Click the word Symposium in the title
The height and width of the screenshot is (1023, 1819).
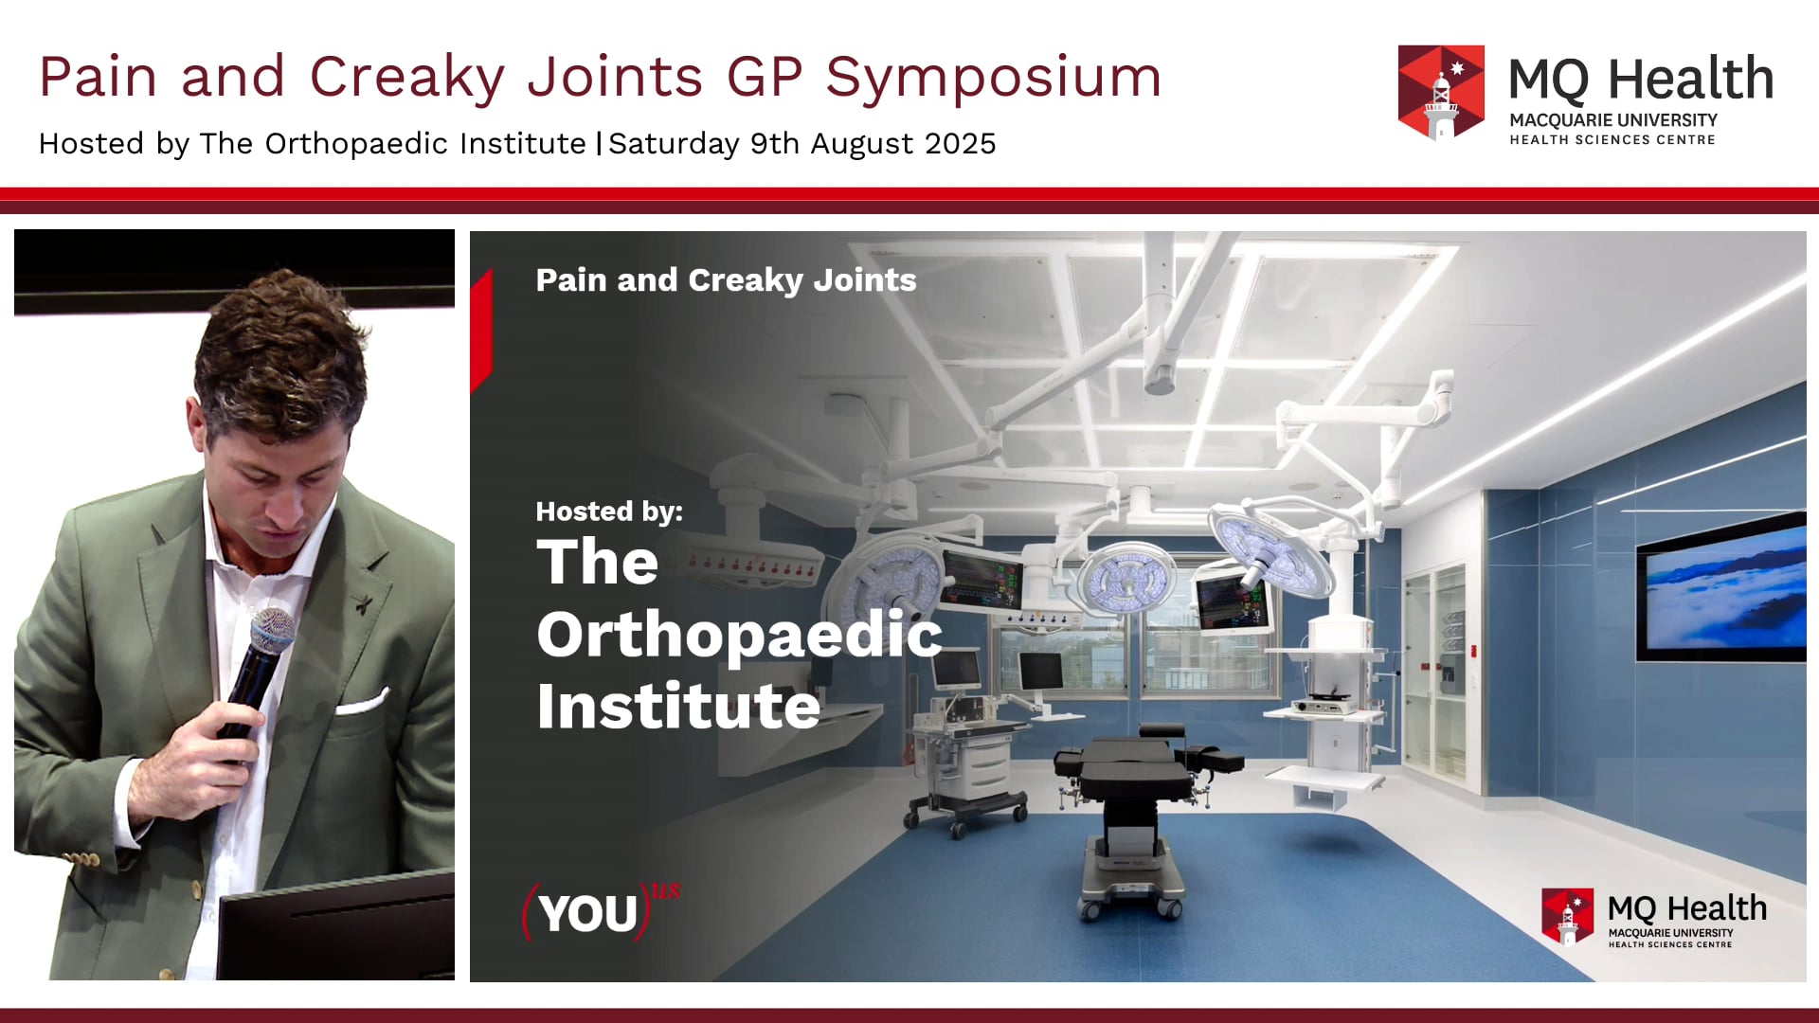[x=993, y=78]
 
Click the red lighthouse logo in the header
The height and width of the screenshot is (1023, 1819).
[x=1441, y=92]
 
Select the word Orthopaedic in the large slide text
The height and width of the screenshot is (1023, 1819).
[x=739, y=635]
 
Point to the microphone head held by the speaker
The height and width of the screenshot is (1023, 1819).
[x=272, y=628]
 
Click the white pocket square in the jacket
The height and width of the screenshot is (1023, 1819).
[x=363, y=703]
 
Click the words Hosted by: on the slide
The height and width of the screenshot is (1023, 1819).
[x=609, y=511]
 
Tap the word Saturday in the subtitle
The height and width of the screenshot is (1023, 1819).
[x=674, y=144]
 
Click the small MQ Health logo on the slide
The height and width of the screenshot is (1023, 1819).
[x=1653, y=917]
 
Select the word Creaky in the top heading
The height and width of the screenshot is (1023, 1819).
[x=406, y=78]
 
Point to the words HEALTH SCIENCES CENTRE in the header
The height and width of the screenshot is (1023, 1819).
[x=1612, y=140]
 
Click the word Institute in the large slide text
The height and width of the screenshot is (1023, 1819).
[x=678, y=707]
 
